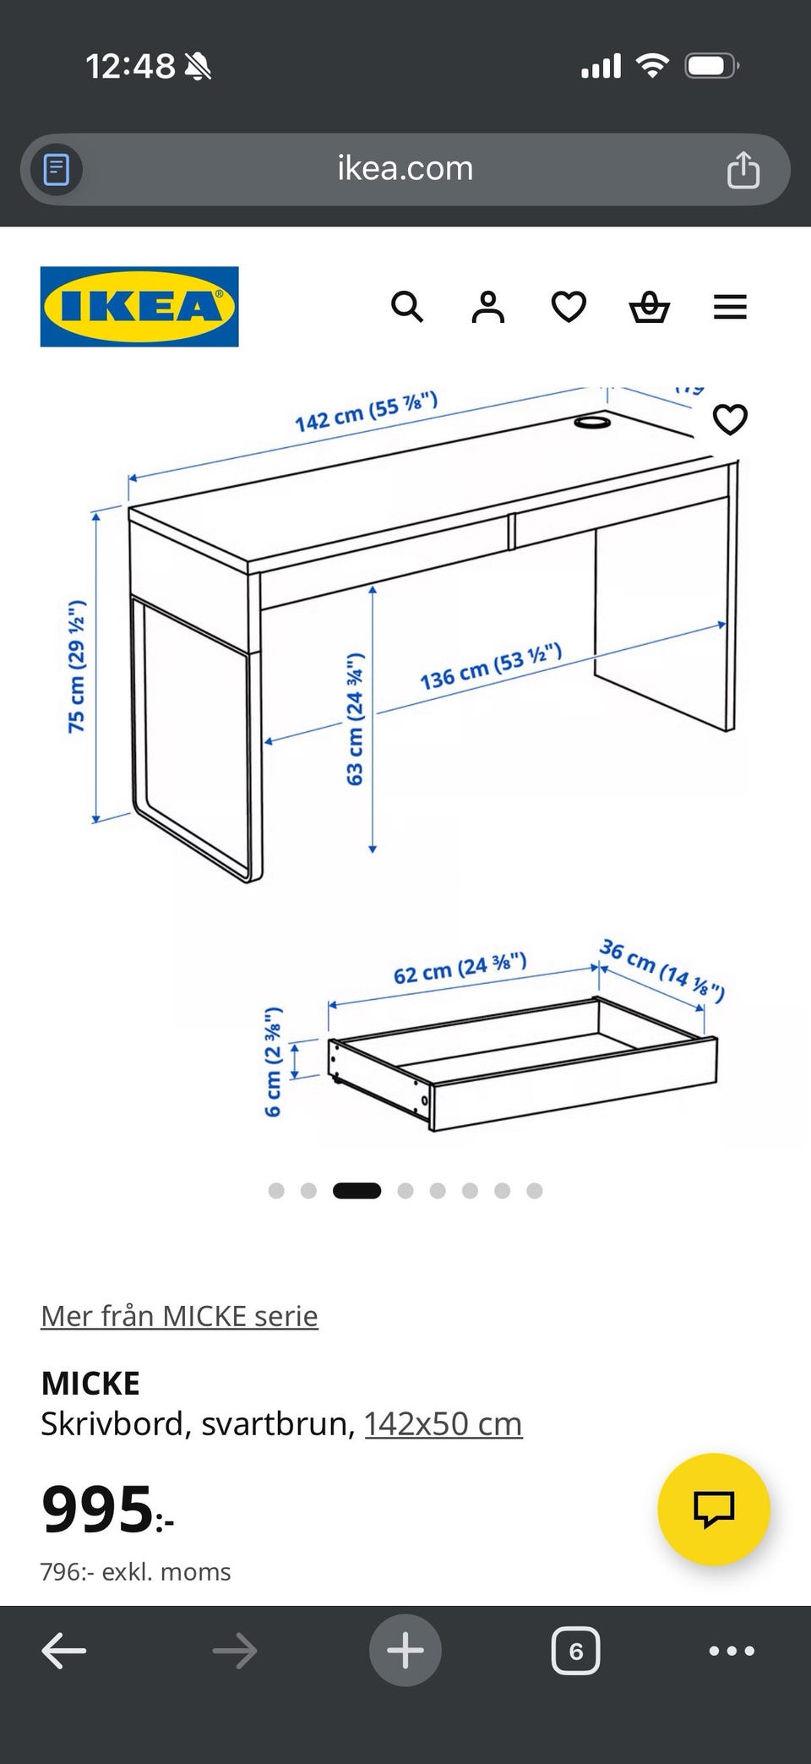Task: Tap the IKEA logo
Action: [x=139, y=307]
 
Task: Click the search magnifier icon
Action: [x=407, y=307]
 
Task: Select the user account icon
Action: [x=487, y=307]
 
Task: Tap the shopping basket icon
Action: [x=650, y=307]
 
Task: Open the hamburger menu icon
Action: [x=730, y=307]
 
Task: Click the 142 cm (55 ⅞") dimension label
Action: [x=366, y=412]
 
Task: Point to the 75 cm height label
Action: [x=77, y=666]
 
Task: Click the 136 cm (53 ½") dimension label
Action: [x=491, y=666]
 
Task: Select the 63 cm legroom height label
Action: [x=355, y=718]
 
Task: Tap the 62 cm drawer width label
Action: [x=460, y=969]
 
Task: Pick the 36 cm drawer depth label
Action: [x=662, y=969]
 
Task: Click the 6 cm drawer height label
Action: [x=273, y=1062]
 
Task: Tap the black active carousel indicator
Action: [x=357, y=1191]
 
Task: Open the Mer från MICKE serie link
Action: [x=179, y=1316]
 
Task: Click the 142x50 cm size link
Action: [x=444, y=1424]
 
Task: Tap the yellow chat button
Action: [x=714, y=1509]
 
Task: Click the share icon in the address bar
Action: [x=743, y=169]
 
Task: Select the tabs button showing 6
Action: [x=575, y=1651]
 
